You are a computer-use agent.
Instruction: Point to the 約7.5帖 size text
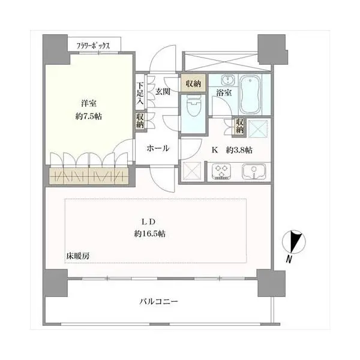click(x=88, y=116)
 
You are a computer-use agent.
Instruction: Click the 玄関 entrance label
click(x=163, y=92)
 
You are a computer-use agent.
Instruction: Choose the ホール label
click(x=157, y=148)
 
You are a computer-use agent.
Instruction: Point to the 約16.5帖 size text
click(x=150, y=233)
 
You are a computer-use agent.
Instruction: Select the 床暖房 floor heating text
click(x=78, y=256)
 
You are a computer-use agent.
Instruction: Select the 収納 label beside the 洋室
click(x=139, y=121)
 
